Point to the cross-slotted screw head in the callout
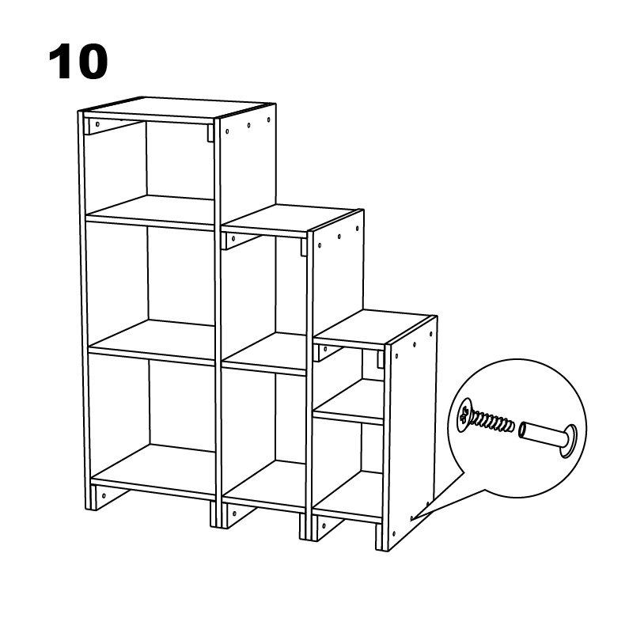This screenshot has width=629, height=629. [x=464, y=416]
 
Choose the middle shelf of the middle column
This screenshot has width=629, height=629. [x=266, y=353]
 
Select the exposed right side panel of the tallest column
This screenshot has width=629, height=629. [x=246, y=166]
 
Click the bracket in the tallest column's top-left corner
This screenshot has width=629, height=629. [x=111, y=126]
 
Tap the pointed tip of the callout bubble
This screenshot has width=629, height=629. [x=413, y=520]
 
